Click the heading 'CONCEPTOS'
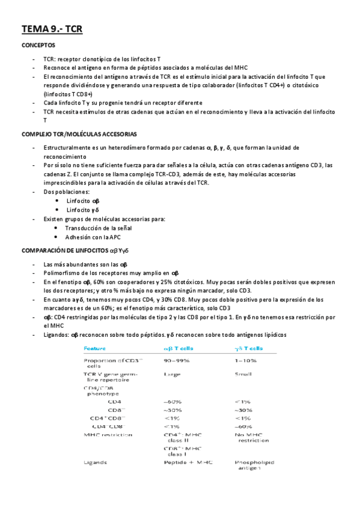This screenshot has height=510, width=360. (x=39, y=46)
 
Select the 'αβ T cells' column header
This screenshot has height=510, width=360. (x=184, y=348)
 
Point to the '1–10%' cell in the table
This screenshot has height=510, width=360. (x=246, y=360)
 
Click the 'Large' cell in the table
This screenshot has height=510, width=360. (x=172, y=374)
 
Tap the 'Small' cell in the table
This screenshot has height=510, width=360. (x=244, y=374)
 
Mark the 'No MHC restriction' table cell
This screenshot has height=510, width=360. (x=252, y=437)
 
